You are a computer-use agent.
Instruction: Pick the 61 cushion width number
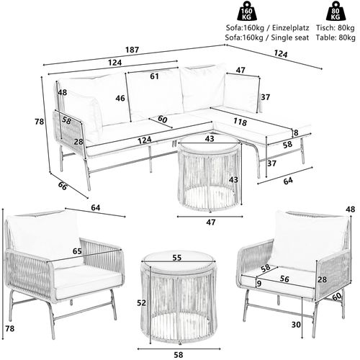click(155, 76)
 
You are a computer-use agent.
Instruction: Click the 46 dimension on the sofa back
click(120, 98)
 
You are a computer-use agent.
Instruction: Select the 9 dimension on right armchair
click(257, 284)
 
